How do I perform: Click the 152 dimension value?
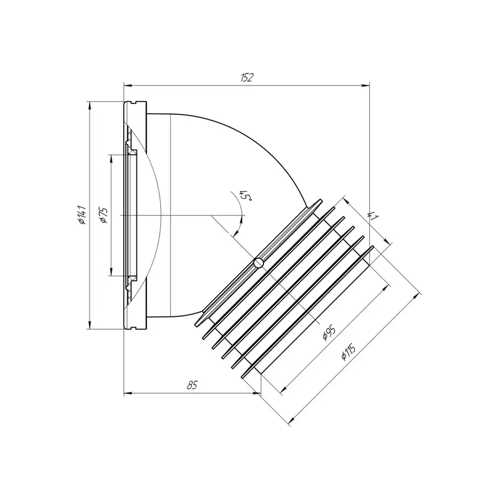[247, 77]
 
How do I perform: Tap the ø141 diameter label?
[82, 215]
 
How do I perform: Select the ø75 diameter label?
[104, 215]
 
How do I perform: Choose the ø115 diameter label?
[348, 352]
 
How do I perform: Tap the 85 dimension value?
[192, 385]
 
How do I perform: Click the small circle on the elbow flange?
[258, 263]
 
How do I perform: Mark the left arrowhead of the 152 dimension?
[128, 85]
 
